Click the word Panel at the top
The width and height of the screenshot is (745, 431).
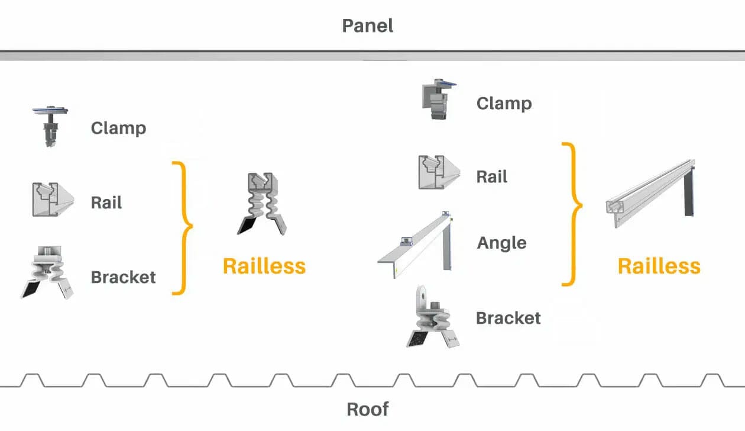click(367, 26)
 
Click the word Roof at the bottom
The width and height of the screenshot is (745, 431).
click(367, 409)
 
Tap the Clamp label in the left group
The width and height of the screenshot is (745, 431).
click(118, 128)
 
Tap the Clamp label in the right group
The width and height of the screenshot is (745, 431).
click(504, 104)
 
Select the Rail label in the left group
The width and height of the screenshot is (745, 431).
click(106, 202)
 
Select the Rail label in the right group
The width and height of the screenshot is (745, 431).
click(492, 176)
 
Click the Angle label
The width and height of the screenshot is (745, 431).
click(501, 243)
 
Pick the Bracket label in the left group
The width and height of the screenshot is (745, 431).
click(123, 277)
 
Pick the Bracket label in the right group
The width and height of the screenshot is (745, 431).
click(508, 318)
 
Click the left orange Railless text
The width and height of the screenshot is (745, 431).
click(264, 266)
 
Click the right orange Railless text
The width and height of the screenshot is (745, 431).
click(659, 266)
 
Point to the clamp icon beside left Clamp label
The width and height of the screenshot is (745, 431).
click(50, 126)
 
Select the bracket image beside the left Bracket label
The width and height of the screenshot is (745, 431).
click(50, 272)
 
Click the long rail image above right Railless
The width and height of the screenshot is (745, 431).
click(650, 193)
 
